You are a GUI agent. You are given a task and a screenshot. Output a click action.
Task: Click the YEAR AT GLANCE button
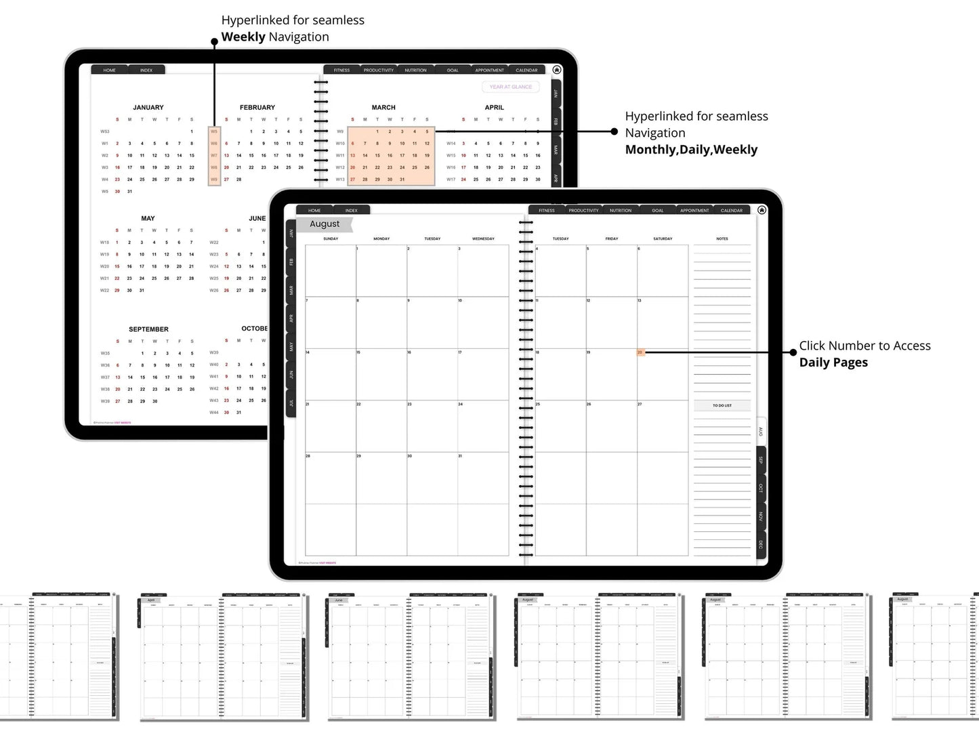coord(511,87)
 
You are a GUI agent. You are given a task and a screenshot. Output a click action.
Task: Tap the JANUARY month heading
coord(148,108)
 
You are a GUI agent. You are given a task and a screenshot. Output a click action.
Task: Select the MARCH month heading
coord(383,108)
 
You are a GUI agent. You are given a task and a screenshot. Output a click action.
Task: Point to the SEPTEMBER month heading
coord(148,329)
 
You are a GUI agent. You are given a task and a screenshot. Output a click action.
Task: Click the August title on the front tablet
coord(325,224)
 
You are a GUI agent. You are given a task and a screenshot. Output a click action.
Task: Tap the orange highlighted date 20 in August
coord(640,352)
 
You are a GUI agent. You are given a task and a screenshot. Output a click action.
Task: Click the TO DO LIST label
coord(722,405)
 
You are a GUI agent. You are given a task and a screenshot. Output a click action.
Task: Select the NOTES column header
coord(722,239)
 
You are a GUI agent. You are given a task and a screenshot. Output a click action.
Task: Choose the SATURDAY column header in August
coord(663,239)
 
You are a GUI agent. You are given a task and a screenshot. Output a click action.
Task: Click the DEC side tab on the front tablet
coord(761,545)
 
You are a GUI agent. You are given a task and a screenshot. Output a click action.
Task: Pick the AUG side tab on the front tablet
coord(761,432)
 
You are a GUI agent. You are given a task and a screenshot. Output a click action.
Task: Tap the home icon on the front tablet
coord(762,210)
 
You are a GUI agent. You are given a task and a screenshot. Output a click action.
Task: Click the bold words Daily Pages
coord(833,363)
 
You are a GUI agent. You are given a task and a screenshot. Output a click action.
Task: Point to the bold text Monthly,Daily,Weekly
coord(691,150)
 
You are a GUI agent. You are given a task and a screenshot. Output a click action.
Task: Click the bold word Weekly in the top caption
coord(243,37)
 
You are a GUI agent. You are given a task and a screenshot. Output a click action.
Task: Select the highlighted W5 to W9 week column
coord(214,156)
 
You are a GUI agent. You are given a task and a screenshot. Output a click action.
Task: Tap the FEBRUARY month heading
coord(257,108)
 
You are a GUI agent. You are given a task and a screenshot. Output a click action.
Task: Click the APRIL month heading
coord(495,108)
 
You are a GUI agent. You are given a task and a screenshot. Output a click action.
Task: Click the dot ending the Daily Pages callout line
coord(793,352)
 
